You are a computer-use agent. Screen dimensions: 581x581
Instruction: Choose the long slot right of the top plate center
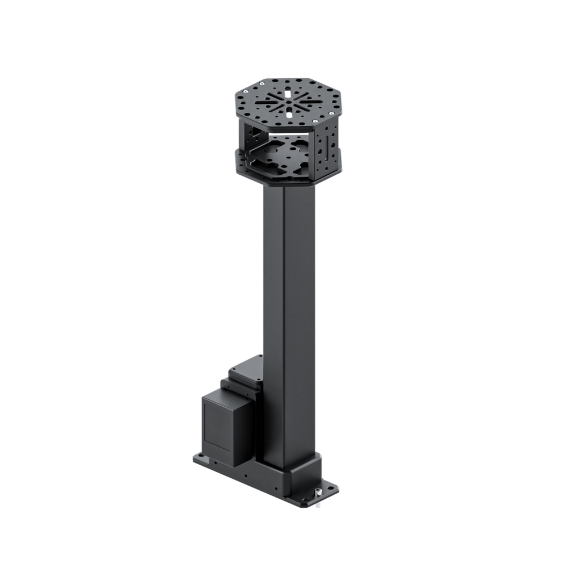coord(308,104)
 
